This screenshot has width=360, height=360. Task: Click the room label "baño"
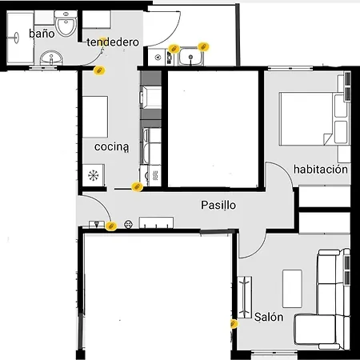[41, 34]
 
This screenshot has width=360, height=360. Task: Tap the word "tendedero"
[113, 42]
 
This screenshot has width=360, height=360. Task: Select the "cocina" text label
[111, 148]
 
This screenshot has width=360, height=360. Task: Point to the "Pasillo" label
[218, 206]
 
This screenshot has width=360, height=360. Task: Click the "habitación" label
[321, 170]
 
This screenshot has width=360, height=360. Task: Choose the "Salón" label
[269, 318]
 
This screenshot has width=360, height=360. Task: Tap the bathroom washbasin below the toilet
[53, 58]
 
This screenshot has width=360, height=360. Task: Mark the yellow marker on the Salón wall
[234, 325]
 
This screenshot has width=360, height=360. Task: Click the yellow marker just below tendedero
[99, 70]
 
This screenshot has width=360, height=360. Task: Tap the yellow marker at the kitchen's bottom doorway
[137, 187]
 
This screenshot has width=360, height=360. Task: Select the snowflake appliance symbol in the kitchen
[94, 174]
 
